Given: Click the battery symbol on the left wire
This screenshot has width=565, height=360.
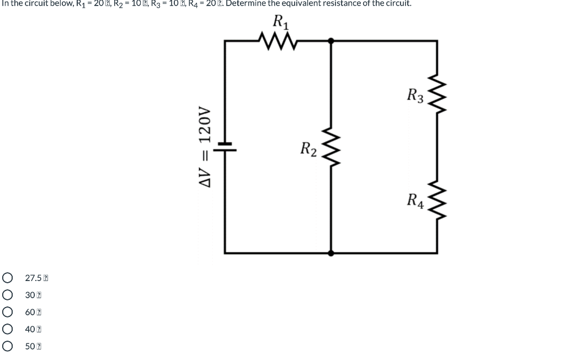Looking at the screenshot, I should [x=225, y=146].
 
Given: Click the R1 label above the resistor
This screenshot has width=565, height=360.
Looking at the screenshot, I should [x=280, y=22].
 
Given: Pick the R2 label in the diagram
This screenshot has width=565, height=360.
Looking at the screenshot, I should [x=308, y=149].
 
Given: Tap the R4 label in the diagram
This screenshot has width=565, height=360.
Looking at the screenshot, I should [x=415, y=200].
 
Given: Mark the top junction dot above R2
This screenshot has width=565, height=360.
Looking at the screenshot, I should [x=331, y=40].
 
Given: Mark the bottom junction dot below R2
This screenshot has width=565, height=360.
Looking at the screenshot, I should [x=331, y=253].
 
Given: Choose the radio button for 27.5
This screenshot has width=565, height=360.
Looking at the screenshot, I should [x=8, y=277].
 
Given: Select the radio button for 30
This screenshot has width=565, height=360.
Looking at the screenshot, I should [x=8, y=295].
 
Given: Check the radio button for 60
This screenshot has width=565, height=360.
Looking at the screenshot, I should [x=8, y=312].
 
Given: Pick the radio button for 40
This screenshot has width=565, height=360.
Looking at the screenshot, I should [x=8, y=329].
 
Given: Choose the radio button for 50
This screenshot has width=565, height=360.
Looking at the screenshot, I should [x=8, y=346].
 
